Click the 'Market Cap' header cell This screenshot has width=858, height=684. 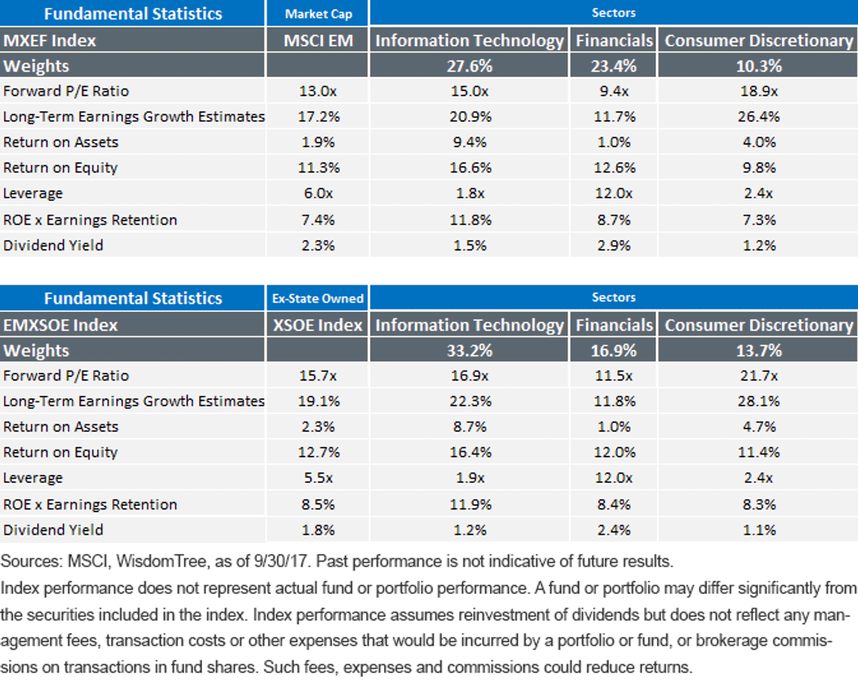[318, 14]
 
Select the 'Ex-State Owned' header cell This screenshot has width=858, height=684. [317, 298]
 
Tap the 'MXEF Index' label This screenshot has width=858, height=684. [50, 41]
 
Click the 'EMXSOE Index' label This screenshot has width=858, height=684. [61, 326]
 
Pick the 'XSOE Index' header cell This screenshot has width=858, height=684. [317, 326]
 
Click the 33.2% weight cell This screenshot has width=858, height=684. [470, 351]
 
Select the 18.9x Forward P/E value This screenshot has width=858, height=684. [759, 92]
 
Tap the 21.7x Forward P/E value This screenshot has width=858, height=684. [759, 376]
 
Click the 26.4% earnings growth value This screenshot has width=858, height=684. [759, 117]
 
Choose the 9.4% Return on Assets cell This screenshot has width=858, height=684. [470, 142]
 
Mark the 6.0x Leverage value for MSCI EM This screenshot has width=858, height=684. [317, 194]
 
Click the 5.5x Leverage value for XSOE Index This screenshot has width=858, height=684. [317, 478]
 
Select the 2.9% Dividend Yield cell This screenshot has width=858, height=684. [614, 245]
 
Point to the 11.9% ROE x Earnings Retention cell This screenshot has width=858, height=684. [470, 505]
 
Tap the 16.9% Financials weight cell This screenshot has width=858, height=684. [613, 351]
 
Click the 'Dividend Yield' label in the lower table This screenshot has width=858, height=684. [53, 530]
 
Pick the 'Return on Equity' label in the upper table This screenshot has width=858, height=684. [60, 168]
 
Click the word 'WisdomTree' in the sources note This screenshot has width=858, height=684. [162, 562]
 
